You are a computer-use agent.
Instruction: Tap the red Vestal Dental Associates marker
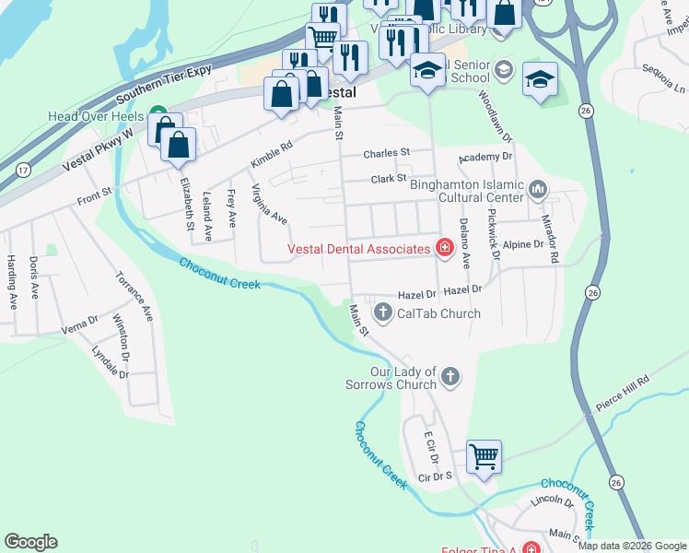pos(444,248)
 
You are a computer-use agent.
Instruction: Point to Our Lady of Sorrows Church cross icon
pos(449,376)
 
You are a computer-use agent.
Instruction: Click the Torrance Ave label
pos(134,295)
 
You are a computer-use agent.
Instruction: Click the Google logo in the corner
pos(30,542)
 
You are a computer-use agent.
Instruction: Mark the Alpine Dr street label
pos(522,244)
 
